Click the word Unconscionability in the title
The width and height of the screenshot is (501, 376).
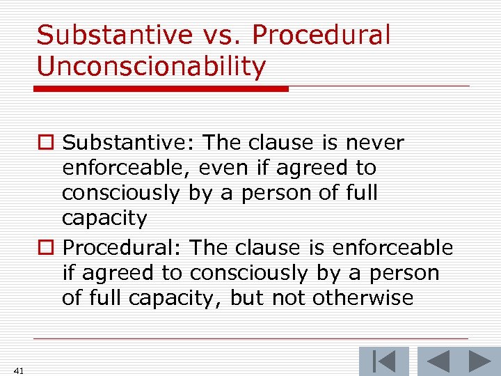pyautogui.click(x=151, y=66)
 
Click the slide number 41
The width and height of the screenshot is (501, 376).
pyautogui.click(x=18, y=370)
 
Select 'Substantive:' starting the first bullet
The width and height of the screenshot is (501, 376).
pyautogui.click(x=130, y=143)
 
